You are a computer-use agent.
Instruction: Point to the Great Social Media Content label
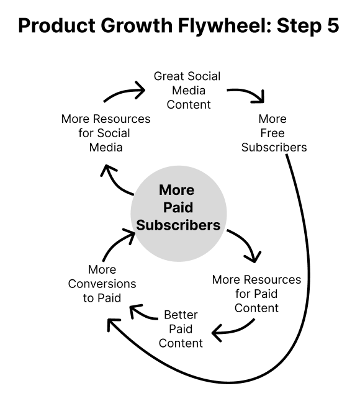(x=187, y=90)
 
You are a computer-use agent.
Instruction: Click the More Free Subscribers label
(x=274, y=133)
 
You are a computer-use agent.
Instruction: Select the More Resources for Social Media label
(x=106, y=133)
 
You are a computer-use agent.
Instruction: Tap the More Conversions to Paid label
(x=102, y=284)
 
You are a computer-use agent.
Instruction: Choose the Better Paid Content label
(x=181, y=328)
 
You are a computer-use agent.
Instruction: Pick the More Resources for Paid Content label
(x=256, y=294)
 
